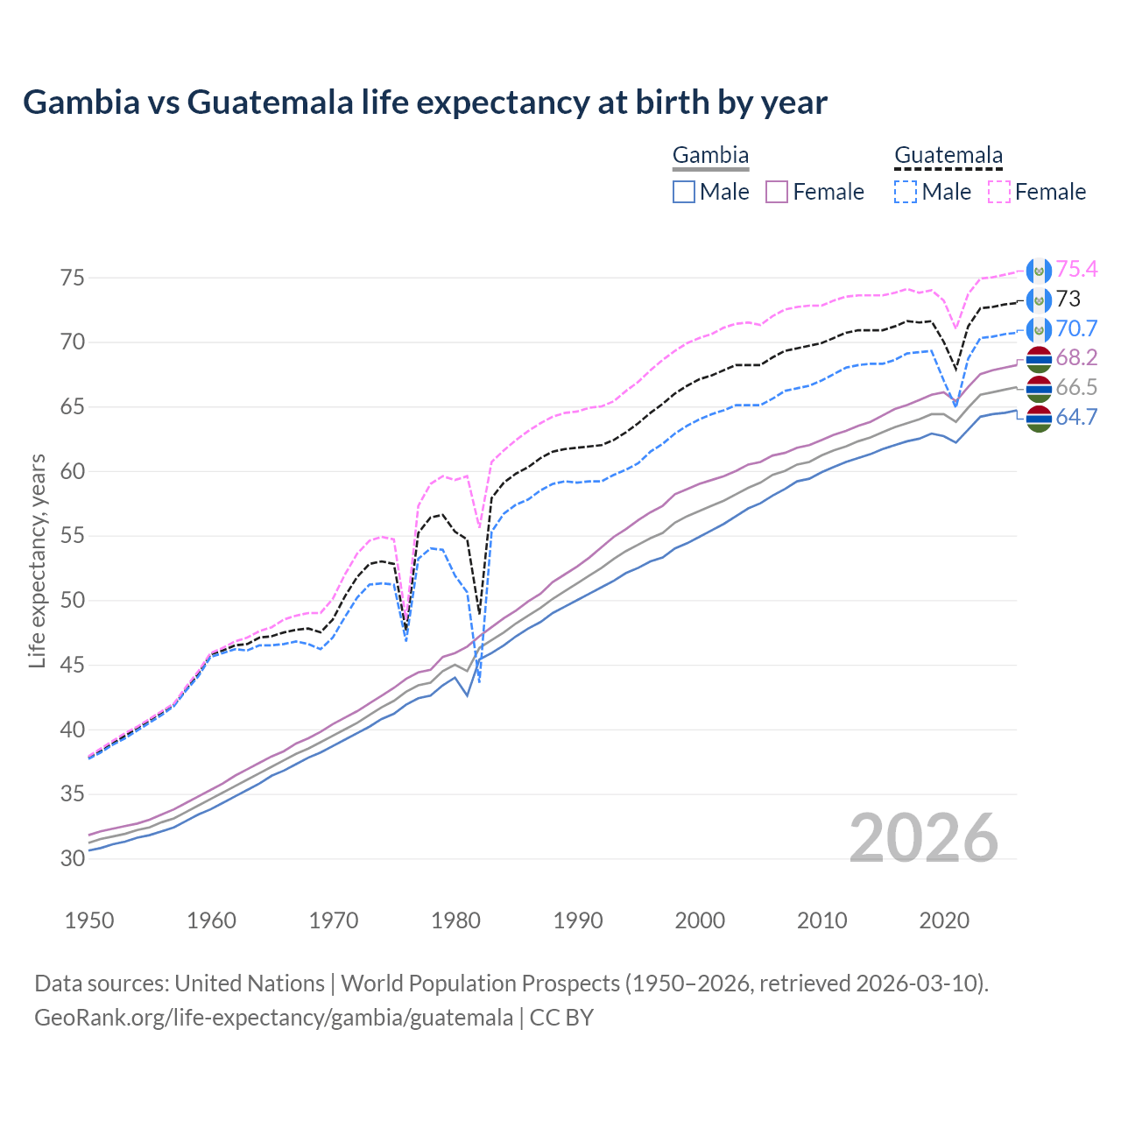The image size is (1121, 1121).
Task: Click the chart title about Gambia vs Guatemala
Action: [425, 102]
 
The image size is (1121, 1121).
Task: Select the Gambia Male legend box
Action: [684, 192]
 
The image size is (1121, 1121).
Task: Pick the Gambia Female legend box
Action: [778, 192]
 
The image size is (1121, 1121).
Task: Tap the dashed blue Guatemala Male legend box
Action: [906, 192]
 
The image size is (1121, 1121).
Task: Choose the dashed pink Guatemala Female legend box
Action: [999, 192]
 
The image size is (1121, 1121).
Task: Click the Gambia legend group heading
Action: [710, 156]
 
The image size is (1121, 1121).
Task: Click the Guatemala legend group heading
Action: [948, 156]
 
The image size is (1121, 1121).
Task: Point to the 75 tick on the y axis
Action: [73, 278]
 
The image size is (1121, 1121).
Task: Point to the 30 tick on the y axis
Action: [73, 859]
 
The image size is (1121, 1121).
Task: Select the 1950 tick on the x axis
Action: [89, 920]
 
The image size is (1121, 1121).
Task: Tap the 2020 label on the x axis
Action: [944, 920]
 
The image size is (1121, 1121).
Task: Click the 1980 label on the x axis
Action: [455, 920]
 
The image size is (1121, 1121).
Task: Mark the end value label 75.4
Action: [1076, 270]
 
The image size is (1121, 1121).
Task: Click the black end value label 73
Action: [1068, 300]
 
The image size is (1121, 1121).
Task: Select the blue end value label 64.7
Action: [1076, 418]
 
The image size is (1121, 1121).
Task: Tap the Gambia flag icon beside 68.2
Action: [1039, 358]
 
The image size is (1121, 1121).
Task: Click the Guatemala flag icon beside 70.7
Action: [1039, 329]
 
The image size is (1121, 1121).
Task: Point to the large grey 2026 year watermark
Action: [924, 838]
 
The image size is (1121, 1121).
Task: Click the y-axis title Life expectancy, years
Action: [37, 560]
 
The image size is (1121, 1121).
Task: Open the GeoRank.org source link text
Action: [273, 1018]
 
